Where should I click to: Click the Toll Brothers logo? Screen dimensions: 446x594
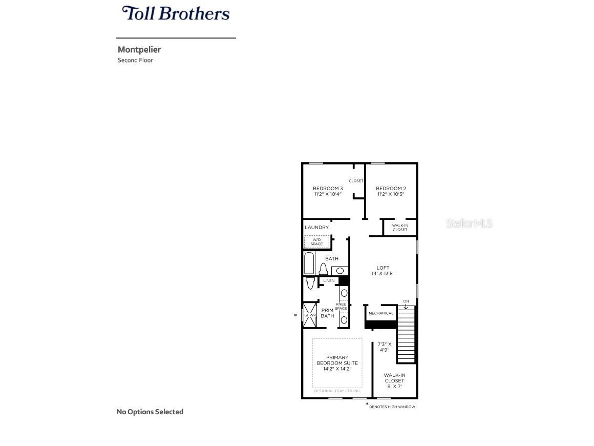[176, 13]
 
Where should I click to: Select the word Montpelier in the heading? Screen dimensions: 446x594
[139, 50]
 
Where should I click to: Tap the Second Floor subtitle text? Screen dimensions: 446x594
[135, 60]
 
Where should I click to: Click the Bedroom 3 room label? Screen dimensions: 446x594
[328, 189]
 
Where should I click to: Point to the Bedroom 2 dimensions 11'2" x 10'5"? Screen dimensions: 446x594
[390, 194]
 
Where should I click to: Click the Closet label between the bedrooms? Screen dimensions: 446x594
[356, 181]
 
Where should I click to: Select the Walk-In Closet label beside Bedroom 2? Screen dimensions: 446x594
[400, 228]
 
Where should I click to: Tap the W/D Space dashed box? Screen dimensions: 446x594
[316, 242]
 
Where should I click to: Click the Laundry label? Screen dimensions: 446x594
[316, 227]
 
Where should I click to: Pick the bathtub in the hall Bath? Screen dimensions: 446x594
[309, 263]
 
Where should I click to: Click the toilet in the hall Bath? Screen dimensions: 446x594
[323, 269]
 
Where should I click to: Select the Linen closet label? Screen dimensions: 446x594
[329, 281]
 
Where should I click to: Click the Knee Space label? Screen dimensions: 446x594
[341, 307]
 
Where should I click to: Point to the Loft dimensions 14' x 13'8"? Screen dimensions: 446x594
[383, 274]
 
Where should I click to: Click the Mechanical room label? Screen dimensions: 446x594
[381, 313]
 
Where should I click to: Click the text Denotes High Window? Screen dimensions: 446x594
[392, 407]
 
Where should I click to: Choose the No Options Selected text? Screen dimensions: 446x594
[150, 412]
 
